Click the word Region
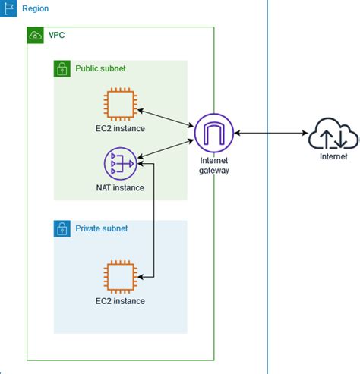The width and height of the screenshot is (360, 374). point(36,8)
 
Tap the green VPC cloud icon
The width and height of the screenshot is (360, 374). point(35,36)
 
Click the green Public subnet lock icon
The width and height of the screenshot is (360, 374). point(62,69)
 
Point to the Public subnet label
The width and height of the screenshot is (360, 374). point(100,69)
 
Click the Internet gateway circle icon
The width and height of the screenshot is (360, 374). point(213,132)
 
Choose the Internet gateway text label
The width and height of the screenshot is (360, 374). point(213,165)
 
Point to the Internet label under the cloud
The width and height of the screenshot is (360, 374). point(333,157)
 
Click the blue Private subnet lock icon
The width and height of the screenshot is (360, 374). point(62,228)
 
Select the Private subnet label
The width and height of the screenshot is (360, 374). point(101,228)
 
